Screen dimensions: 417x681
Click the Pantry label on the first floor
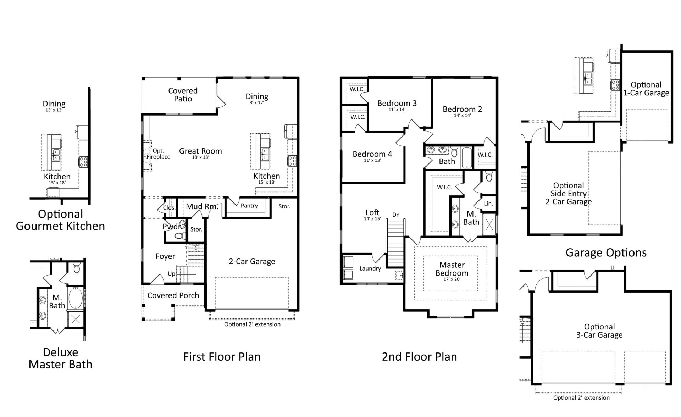tap(249, 206)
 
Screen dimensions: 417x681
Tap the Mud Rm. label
tap(202, 206)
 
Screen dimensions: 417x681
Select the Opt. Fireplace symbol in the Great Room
tap(148, 156)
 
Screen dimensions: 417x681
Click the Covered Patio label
tap(183, 95)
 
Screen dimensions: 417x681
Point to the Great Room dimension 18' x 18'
tap(200, 157)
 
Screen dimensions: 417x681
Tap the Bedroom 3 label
tap(397, 103)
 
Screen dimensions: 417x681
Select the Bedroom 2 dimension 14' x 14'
tap(462, 116)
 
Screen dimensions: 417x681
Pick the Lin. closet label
tap(488, 204)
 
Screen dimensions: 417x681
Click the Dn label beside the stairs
tap(396, 215)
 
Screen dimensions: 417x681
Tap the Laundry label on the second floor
tap(370, 268)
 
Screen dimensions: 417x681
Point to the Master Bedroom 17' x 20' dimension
tap(452, 279)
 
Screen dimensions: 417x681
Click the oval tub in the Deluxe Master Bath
tap(75, 298)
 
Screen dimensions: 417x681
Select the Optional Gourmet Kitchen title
tap(60, 220)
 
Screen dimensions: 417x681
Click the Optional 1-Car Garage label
tap(646, 89)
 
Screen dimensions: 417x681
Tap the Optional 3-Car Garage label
tap(599, 331)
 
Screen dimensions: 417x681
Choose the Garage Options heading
tap(606, 252)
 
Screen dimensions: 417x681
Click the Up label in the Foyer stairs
tap(171, 274)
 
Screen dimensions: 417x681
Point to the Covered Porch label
tap(173, 295)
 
